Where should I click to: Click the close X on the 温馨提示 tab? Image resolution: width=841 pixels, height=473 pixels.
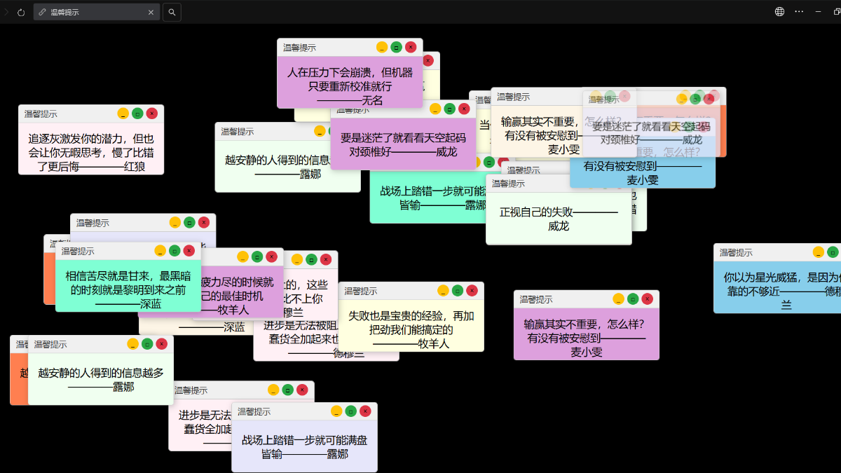151,12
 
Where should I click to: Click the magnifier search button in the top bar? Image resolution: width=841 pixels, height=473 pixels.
172,12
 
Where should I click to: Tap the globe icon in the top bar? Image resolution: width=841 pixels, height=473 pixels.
779,12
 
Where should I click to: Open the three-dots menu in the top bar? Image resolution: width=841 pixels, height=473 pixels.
799,12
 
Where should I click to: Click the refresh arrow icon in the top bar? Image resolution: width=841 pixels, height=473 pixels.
21,12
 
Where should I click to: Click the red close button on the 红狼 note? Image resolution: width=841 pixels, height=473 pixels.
151,114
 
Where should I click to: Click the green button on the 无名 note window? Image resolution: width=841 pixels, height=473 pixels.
396,47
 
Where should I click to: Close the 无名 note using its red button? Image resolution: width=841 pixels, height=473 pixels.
411,47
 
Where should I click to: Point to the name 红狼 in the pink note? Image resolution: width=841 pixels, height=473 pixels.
135,167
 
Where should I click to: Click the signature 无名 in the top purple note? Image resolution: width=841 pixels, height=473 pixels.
372,100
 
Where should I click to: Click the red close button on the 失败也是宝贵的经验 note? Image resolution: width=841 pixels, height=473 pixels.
472,290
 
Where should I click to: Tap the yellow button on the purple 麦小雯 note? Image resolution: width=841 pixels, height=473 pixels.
618,299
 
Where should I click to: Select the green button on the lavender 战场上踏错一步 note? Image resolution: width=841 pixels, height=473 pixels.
351,411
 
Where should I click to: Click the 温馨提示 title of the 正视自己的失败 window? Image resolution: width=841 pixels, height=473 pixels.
508,184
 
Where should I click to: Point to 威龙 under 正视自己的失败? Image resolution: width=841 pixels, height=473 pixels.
559,226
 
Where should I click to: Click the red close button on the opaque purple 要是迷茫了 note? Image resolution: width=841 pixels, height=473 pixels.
464,109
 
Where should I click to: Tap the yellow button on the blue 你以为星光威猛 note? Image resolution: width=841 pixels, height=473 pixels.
819,252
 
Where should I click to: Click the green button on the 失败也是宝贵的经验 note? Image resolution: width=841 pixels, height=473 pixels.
458,290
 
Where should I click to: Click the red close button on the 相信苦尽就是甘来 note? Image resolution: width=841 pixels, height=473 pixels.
189,250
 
